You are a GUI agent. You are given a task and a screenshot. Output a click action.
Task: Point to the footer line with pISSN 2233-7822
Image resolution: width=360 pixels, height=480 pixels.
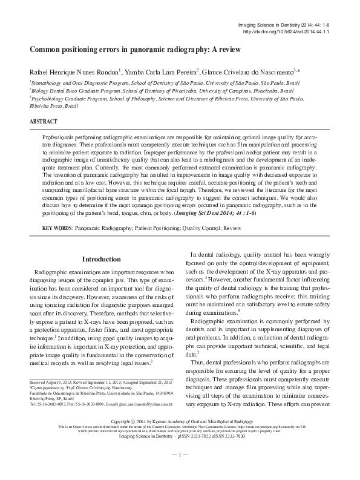tap(180, 452)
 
